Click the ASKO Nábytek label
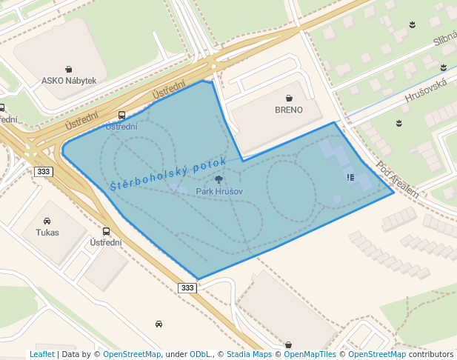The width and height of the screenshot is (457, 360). point(69,81)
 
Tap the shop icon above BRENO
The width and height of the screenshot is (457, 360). point(289,98)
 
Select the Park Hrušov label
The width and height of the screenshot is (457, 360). point(219,191)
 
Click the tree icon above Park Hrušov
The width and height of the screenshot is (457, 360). point(219,179)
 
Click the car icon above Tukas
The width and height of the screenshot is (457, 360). point(47,221)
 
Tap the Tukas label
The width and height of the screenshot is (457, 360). point(47,233)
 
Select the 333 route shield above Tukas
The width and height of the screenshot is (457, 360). point(43,172)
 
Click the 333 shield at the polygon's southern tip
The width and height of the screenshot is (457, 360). point(187,287)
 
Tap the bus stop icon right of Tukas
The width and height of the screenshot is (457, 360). point(107,231)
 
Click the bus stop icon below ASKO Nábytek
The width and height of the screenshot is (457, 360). point(121,115)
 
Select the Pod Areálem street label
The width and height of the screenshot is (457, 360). point(397,179)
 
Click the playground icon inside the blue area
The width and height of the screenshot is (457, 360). point(350,177)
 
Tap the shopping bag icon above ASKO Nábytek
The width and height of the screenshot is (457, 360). point(69,69)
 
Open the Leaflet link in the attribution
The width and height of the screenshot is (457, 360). point(41,354)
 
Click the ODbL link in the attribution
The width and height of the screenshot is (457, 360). point(200,354)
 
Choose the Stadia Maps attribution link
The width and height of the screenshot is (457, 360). point(249,354)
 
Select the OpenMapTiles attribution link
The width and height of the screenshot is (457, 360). point(310,354)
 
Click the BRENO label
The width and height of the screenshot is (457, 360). point(289,110)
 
